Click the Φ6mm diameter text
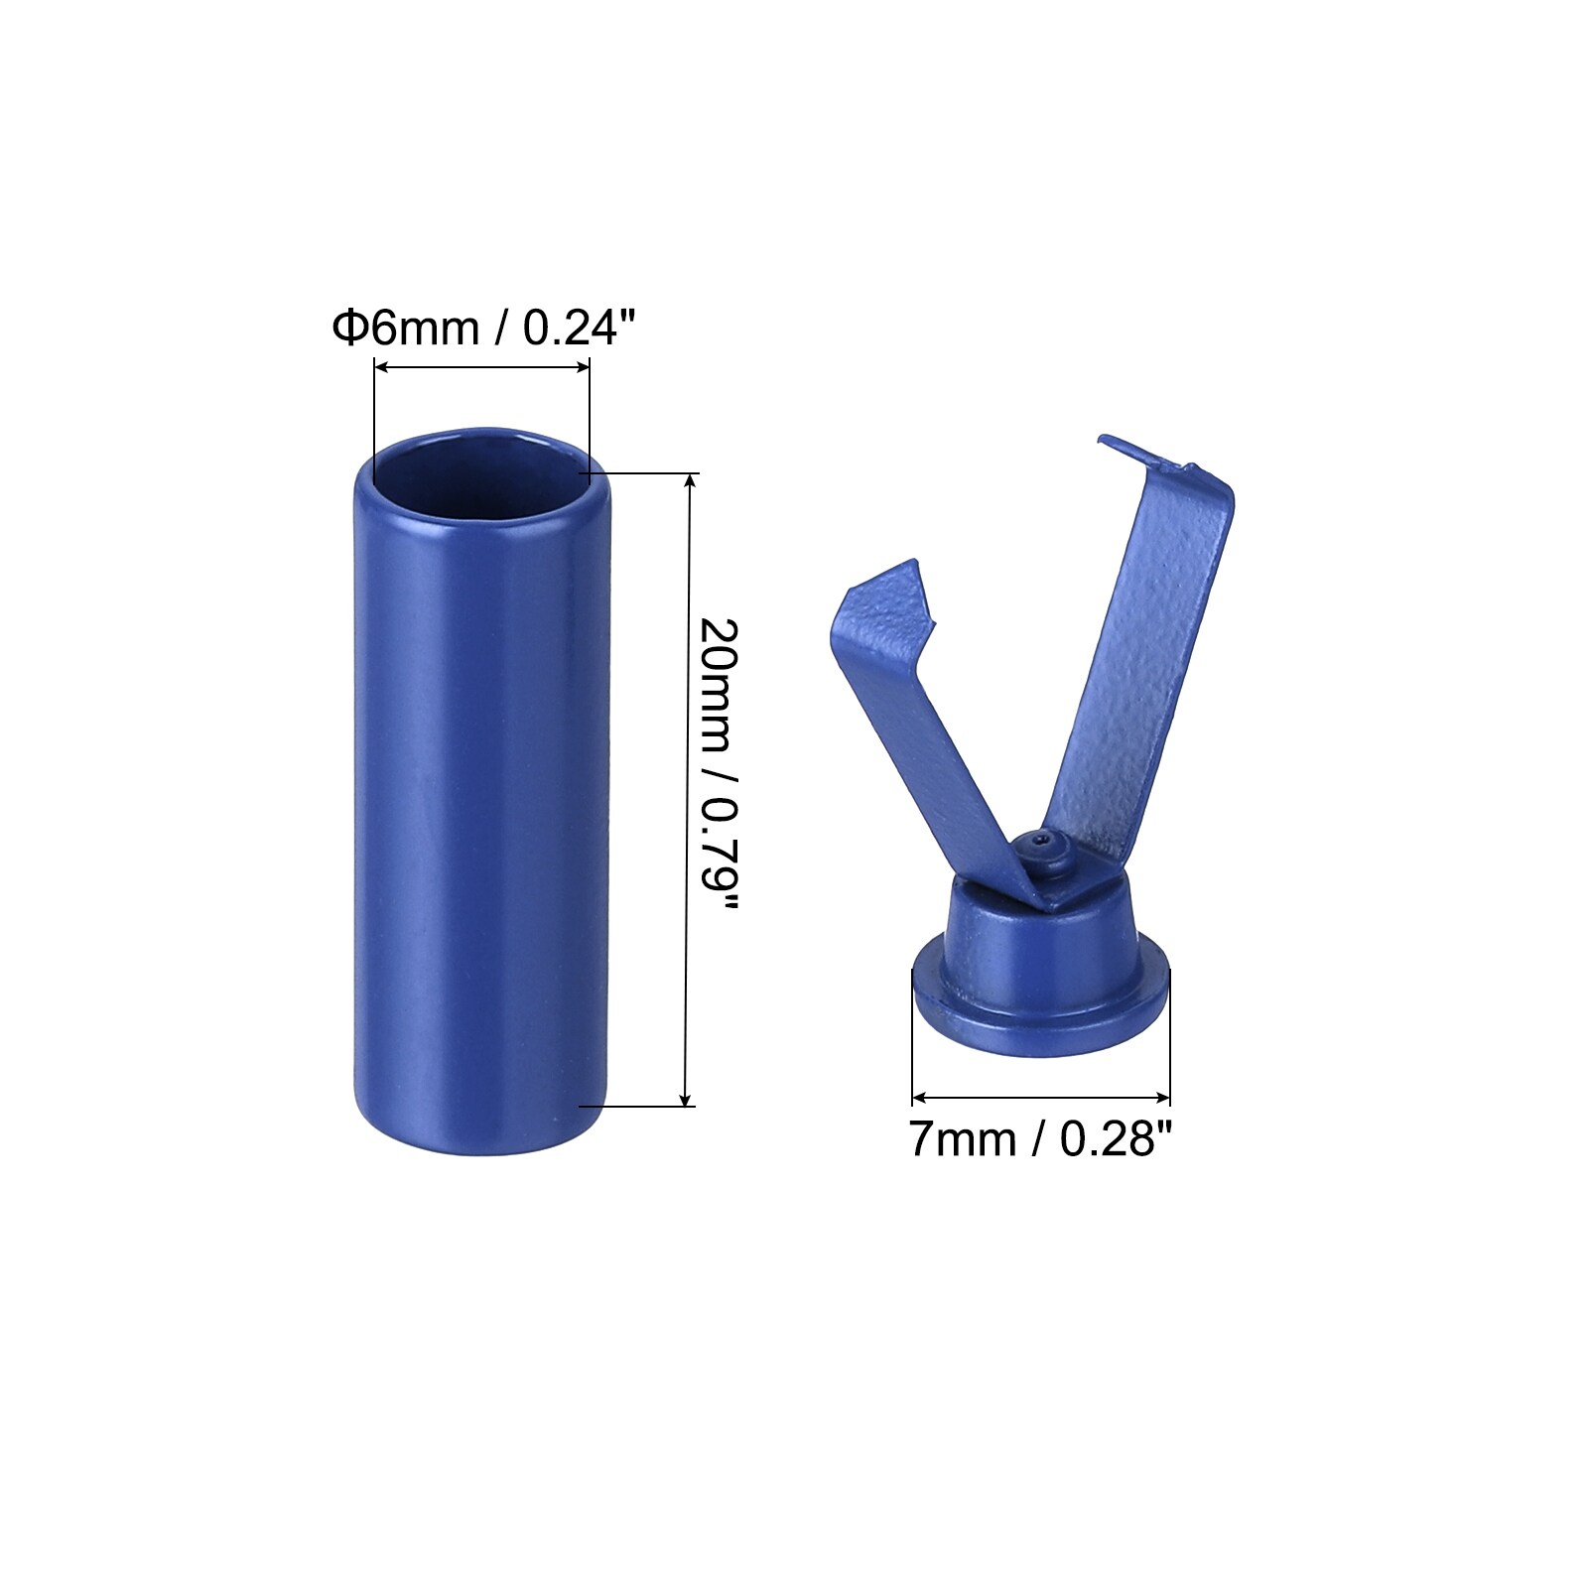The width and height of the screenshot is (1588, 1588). coord(406,327)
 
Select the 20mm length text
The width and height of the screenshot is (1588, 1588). coord(721,686)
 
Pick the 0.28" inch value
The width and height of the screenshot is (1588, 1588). coord(1116,1138)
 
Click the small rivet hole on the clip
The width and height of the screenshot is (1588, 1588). coord(1039,840)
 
